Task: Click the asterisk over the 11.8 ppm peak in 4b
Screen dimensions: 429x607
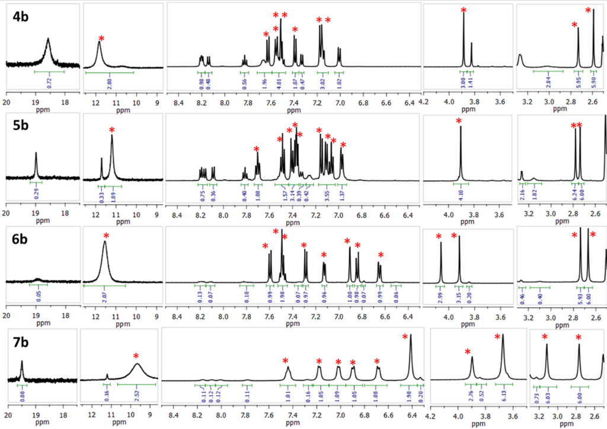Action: click(101, 39)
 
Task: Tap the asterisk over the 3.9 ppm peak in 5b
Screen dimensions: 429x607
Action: click(459, 122)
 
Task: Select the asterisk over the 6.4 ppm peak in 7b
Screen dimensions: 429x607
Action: click(405, 338)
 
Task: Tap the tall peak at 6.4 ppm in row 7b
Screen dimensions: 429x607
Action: click(410, 350)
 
